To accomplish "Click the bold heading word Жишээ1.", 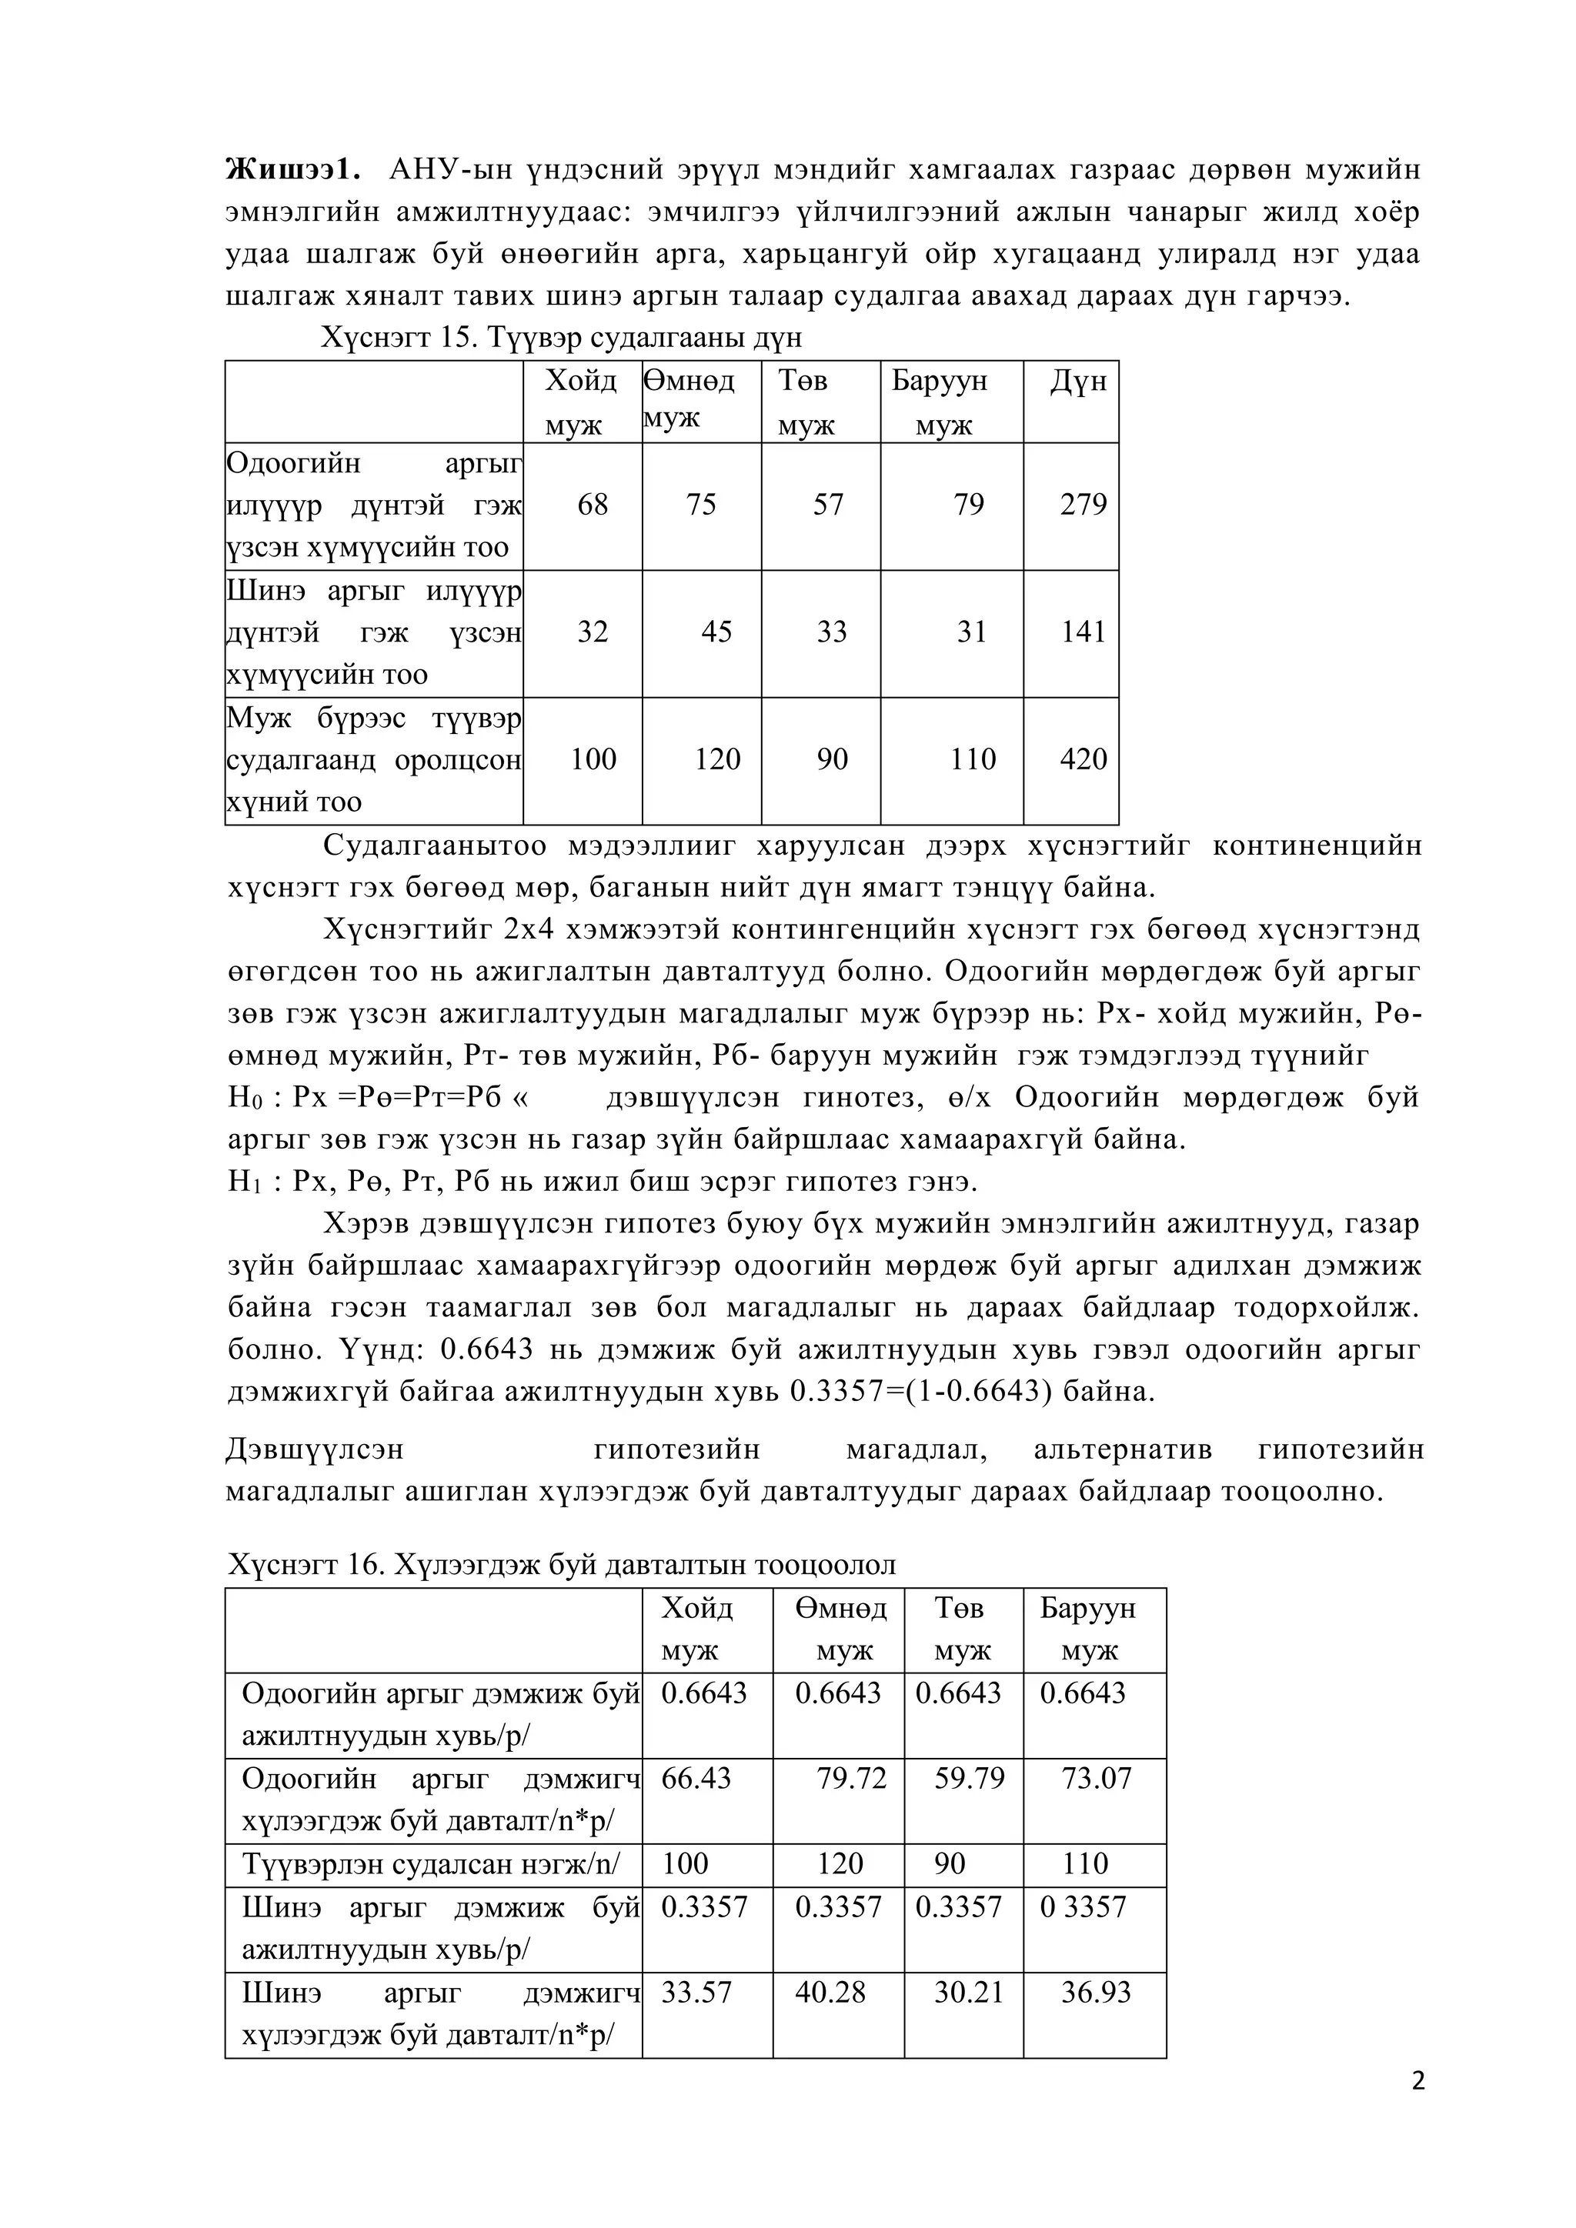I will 293,170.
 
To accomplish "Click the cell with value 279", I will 1082,505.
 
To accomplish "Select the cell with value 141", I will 1082,632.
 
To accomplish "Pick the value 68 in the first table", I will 592,505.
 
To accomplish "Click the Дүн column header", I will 1077,382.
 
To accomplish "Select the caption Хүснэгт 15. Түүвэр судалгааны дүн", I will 562,338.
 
